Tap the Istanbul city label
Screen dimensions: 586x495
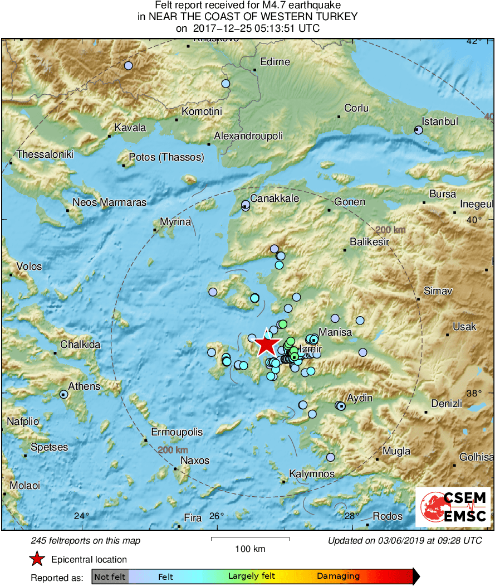click(440, 121)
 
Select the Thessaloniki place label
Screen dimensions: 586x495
click(45, 154)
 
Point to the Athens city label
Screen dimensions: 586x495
click(84, 386)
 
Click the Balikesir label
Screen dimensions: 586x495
click(369, 241)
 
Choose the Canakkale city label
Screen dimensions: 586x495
click(275, 198)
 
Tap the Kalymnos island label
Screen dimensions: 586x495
click(312, 474)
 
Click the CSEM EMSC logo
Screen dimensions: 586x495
click(453, 507)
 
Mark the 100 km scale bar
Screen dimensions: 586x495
click(250, 539)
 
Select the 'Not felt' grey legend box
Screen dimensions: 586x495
click(110, 576)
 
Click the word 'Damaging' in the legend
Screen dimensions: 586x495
click(339, 576)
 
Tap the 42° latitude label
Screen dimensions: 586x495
click(474, 41)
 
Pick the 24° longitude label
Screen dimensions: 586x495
click(81, 516)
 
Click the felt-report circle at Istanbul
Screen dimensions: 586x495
click(419, 130)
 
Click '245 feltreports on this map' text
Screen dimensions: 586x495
click(86, 540)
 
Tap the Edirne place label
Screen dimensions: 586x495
click(275, 61)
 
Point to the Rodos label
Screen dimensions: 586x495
click(388, 516)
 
